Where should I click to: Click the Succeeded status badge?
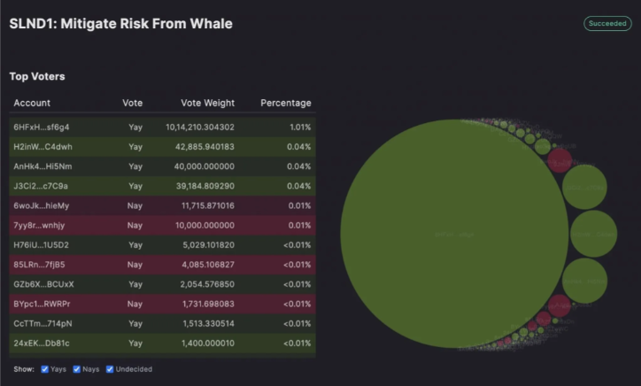tap(606, 24)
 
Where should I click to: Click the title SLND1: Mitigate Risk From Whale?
tap(120, 24)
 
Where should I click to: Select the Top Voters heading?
tap(36, 77)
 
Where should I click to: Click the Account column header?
tap(32, 104)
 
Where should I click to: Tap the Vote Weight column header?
tap(207, 104)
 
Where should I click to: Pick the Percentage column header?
tap(285, 104)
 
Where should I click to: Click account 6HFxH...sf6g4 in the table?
tap(41, 127)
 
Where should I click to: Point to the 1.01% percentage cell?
tap(300, 127)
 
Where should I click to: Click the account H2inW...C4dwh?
tap(42, 147)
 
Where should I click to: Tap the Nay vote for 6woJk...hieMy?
tap(135, 205)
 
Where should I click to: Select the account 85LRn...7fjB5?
tap(40, 264)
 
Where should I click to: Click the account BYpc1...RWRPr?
tap(42, 303)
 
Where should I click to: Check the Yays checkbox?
tap(45, 369)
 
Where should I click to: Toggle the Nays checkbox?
tap(77, 369)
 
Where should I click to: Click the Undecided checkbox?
tap(110, 369)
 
